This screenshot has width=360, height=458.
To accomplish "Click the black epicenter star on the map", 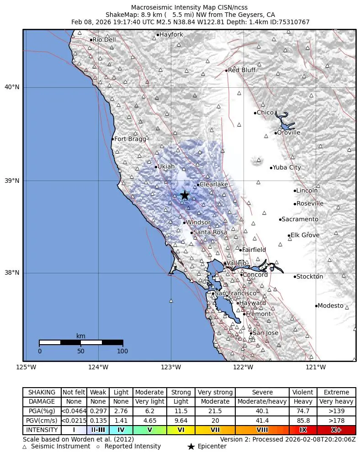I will pos(185,195).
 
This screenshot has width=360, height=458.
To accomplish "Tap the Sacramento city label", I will pos(300,219).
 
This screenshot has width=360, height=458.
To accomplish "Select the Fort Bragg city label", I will pos(130,139).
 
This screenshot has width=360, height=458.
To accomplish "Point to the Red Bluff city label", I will pos(242,70).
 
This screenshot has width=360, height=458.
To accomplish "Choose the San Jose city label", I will pos(265,333).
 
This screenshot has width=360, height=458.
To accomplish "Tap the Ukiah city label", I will pos(166,167).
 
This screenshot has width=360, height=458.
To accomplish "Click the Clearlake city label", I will pos(213,185).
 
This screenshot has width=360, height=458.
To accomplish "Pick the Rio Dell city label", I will pos(104,40).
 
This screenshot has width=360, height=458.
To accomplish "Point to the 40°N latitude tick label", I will pos(12,87).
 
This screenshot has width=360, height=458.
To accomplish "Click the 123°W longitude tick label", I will pos(171,367).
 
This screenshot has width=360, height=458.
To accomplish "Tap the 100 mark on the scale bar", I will pos(122,351).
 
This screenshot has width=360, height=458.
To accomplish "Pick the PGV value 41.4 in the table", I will pos(262,421).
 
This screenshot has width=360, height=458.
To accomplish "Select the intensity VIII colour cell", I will pos(262,430).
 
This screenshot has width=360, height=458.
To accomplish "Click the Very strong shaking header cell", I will pos(215,392).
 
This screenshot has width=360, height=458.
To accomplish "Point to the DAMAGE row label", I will pos(42,402).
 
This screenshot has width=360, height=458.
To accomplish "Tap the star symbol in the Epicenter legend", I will pos(191,447).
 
